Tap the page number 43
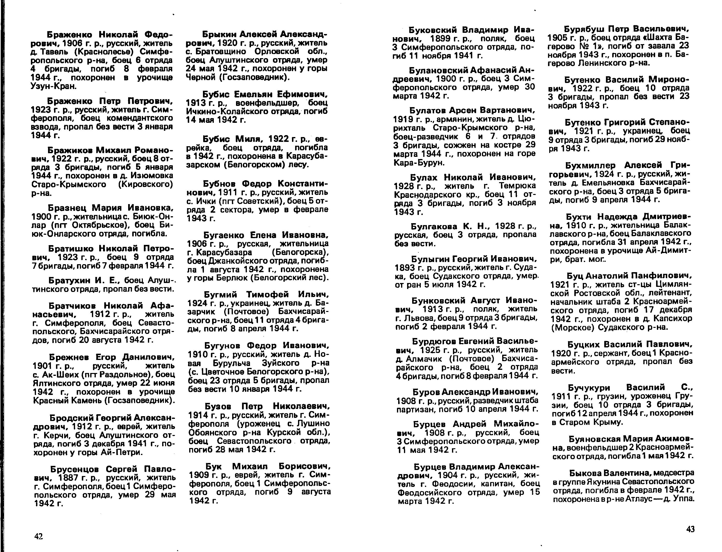tap(690, 529)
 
